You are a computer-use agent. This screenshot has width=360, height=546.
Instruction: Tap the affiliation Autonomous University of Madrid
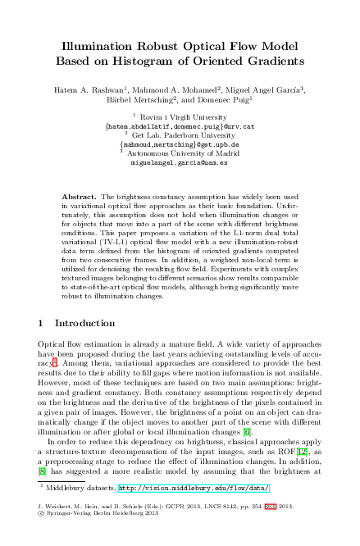183,153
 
